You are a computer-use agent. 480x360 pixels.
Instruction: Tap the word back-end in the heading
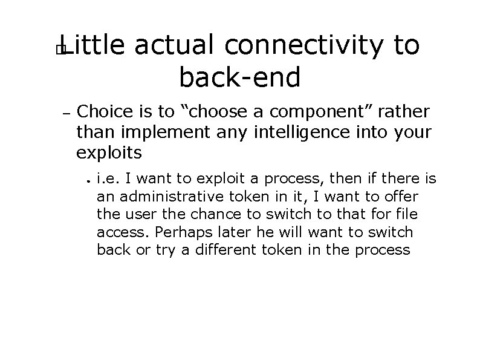pos(239,76)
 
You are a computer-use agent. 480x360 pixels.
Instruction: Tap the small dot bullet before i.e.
pos(88,180)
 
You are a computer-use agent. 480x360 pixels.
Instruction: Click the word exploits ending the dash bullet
pos(109,152)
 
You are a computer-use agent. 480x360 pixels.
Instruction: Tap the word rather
pos(408,112)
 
